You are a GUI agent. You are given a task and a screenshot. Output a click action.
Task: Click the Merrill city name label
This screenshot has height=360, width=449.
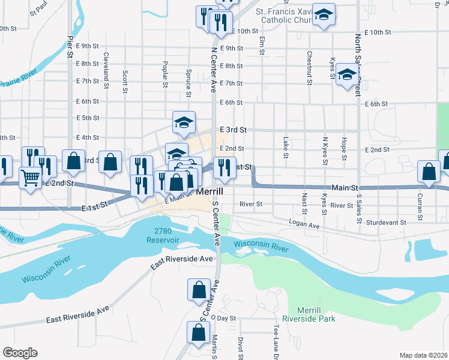210,191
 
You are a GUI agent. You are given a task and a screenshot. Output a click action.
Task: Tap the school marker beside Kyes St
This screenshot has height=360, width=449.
346,75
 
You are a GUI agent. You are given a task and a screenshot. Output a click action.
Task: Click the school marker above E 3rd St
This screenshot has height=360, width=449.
184,123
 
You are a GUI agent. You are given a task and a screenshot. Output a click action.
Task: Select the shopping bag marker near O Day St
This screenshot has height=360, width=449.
198,333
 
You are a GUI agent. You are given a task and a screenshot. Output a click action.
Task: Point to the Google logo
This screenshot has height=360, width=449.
20,353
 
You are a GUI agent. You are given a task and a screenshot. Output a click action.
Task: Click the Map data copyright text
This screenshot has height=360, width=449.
424,355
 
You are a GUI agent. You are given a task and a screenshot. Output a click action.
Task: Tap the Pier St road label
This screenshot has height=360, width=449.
70,46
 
